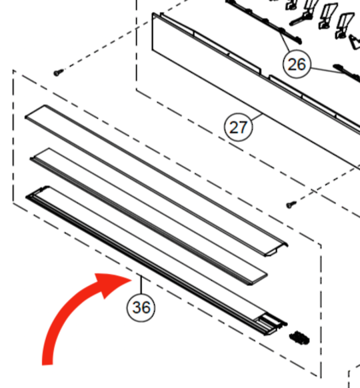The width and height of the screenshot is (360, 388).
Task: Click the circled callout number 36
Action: pos(141,307)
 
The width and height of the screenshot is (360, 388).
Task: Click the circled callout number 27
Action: pos(239,127)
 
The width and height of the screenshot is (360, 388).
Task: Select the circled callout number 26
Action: pos(297,64)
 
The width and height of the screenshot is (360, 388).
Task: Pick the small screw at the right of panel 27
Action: pos(291,204)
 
